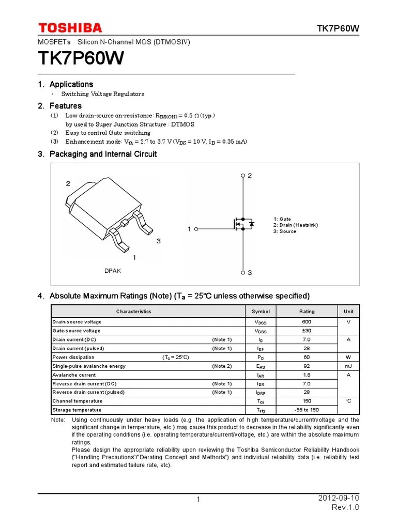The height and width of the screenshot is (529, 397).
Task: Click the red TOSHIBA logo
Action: pyautogui.click(x=69, y=28)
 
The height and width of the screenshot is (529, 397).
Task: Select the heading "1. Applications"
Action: pyautogui.click(x=66, y=84)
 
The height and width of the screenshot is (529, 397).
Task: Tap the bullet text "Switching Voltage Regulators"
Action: pyautogui.click(x=102, y=94)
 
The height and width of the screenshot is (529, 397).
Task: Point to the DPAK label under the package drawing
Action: pyautogui.click(x=113, y=271)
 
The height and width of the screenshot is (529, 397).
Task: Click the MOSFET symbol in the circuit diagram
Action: pyautogui.click(x=242, y=224)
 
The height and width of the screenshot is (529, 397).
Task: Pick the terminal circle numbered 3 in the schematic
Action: pyautogui.click(x=243, y=272)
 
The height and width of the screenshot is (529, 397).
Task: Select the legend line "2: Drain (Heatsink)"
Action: pyautogui.click(x=295, y=225)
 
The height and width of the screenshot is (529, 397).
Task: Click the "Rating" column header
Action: pyautogui.click(x=307, y=312)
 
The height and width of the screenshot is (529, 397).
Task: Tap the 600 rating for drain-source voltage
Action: pyautogui.click(x=307, y=322)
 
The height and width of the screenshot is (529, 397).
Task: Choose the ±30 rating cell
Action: pyautogui.click(x=307, y=331)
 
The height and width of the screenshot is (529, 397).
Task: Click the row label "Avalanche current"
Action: pyautogui.click(x=74, y=375)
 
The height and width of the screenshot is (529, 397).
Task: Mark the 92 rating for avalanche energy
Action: pyautogui.click(x=307, y=366)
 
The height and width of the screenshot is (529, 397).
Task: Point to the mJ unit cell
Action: pyautogui.click(x=348, y=366)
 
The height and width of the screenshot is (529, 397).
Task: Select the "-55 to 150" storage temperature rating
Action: pyautogui.click(x=307, y=410)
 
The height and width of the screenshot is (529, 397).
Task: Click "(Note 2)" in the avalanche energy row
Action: pyautogui.click(x=222, y=366)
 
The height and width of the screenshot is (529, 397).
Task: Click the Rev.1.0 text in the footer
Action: pyautogui.click(x=345, y=507)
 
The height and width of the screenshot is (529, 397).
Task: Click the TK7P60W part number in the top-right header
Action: pyautogui.click(x=338, y=28)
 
